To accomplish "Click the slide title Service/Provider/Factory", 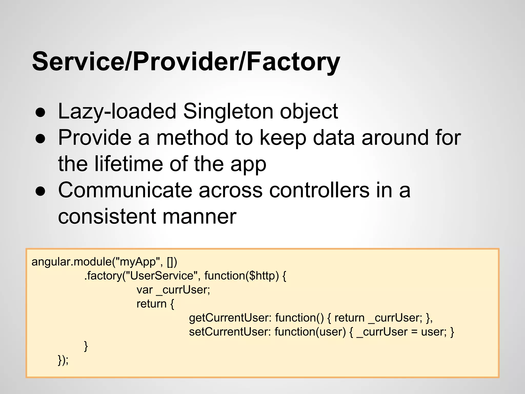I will [186, 62].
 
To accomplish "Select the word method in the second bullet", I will [192, 137].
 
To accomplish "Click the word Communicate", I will [125, 190].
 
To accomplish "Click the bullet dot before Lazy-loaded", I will [41, 113].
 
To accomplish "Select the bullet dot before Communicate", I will [41, 191].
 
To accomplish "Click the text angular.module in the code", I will [72, 262].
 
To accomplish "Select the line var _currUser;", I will [173, 290].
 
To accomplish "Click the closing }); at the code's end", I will [63, 360].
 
